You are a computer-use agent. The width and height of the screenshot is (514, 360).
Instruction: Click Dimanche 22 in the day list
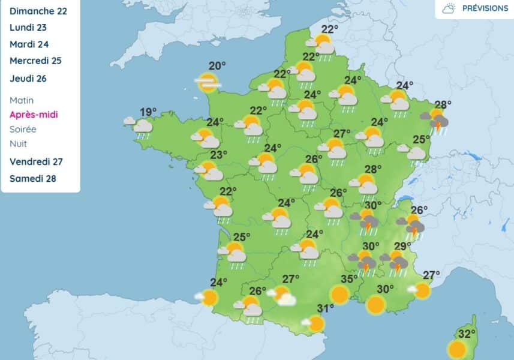(x=38, y=11)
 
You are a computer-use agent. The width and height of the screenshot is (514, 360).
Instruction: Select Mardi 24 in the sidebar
(x=29, y=44)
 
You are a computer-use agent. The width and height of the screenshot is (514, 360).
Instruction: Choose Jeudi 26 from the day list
(x=28, y=78)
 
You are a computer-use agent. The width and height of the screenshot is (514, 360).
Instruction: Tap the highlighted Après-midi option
(x=34, y=115)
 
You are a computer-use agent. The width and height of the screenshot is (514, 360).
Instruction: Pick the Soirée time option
(x=23, y=129)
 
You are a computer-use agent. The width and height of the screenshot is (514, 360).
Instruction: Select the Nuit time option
(x=18, y=143)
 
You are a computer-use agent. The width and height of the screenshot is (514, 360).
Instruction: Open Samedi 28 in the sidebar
(x=33, y=178)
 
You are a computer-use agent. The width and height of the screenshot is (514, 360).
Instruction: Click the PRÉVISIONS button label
(x=485, y=8)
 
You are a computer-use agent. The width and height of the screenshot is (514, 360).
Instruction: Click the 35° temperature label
(x=349, y=279)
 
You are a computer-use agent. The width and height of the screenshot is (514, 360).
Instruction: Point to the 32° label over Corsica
(x=467, y=334)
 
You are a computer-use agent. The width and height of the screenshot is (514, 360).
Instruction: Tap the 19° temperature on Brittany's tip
(x=148, y=112)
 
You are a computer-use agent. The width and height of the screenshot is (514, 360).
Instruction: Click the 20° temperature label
(x=217, y=66)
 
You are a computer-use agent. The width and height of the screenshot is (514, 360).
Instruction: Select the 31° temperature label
(x=325, y=309)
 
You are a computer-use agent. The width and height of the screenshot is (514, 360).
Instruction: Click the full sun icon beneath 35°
(x=339, y=295)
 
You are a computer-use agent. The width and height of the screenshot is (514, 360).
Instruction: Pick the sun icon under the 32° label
(x=458, y=349)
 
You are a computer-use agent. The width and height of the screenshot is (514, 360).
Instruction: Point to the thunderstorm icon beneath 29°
(x=396, y=262)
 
